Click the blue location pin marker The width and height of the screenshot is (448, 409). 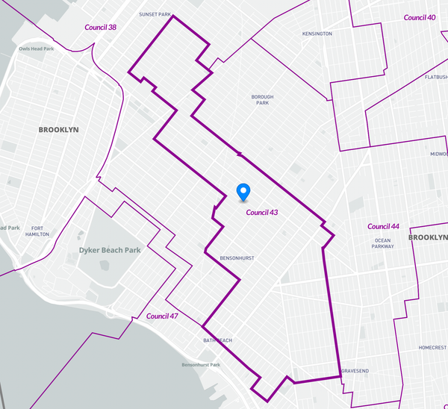243,192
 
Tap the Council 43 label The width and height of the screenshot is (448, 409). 262,213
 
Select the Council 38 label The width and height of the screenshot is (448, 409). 102,28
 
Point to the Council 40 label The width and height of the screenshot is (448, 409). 420,17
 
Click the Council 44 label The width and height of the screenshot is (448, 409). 384,226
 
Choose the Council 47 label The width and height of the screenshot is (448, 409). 162,316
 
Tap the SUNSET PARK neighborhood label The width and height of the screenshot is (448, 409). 155,14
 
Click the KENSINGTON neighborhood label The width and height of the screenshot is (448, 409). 317,34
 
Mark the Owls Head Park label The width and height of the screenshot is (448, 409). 37,49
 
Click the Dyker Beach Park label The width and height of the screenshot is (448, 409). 110,250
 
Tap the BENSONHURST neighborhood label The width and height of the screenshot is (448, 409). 237,258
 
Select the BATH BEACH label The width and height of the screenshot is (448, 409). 217,340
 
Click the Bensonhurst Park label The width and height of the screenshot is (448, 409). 201,365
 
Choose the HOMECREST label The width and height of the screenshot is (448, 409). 432,347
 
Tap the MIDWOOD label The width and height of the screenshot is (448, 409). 438,154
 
